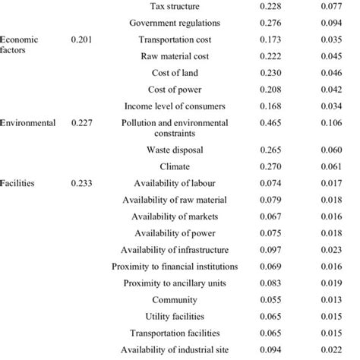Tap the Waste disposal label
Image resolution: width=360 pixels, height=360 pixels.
(x=175, y=150)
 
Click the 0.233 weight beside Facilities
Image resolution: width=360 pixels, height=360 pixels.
(x=84, y=183)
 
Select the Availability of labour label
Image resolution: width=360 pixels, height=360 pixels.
(x=175, y=183)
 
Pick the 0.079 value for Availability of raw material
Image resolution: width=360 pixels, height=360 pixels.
(x=271, y=200)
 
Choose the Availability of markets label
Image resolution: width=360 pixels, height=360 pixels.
(x=175, y=216)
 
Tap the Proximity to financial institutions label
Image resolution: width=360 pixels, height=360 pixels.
(x=175, y=267)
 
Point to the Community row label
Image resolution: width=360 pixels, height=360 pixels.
(x=175, y=299)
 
